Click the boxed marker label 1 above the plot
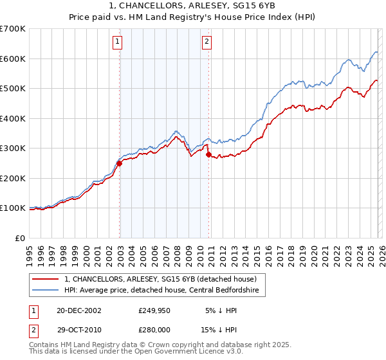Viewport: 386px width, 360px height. click(x=119, y=42)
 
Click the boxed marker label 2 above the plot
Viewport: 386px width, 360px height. click(x=207, y=42)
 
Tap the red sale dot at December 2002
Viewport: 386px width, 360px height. click(x=120, y=163)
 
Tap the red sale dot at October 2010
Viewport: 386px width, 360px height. click(x=208, y=154)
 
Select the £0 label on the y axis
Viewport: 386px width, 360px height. click(x=20, y=238)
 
